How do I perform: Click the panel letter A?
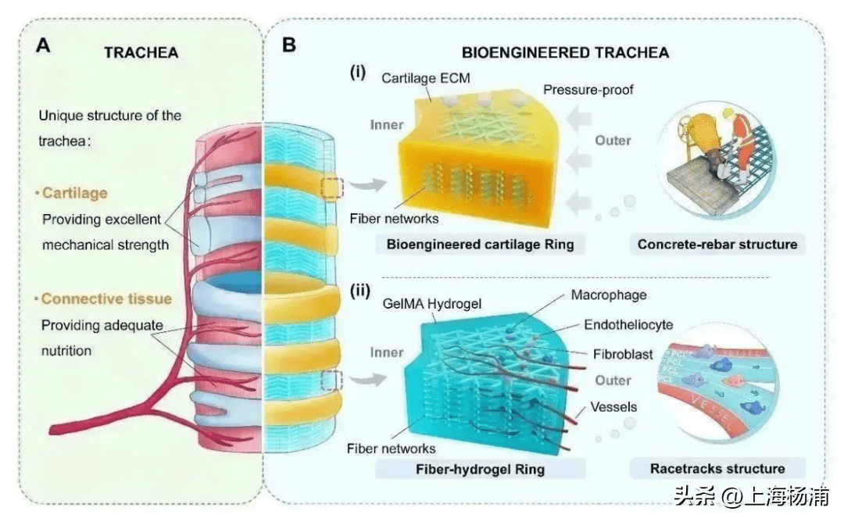(x=43, y=45)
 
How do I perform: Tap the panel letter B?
(x=289, y=45)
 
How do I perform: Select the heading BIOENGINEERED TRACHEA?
(x=565, y=53)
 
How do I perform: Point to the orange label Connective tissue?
(x=106, y=299)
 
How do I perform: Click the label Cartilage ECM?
(x=426, y=78)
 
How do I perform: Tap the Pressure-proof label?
(x=588, y=90)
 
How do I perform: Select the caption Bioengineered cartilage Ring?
(x=480, y=245)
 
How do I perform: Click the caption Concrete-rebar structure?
(x=717, y=245)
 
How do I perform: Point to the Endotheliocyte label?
(x=628, y=324)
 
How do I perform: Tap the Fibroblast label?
(x=624, y=354)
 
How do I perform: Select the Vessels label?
(x=613, y=407)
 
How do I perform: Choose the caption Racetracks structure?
(x=717, y=469)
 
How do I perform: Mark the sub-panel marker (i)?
(x=358, y=73)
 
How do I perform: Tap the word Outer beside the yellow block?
(x=613, y=141)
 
